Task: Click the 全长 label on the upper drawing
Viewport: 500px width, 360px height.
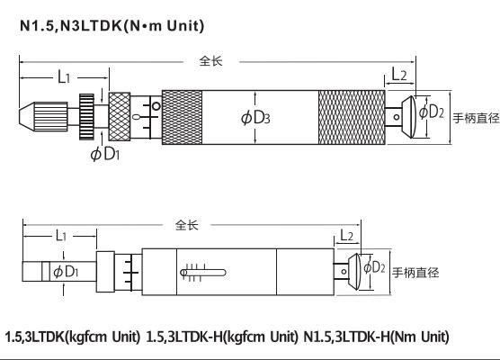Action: (211, 61)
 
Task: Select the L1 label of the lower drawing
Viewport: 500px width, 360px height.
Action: (58, 236)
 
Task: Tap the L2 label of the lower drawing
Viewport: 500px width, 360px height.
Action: (348, 235)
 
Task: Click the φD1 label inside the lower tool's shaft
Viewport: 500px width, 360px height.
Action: (65, 271)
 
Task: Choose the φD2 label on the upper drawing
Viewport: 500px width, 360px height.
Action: (433, 112)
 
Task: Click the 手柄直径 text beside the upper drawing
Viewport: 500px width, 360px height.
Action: (475, 118)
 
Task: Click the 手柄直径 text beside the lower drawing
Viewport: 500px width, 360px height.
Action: (415, 272)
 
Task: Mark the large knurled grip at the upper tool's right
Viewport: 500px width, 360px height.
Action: (353, 116)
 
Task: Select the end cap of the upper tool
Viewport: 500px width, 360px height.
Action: (415, 114)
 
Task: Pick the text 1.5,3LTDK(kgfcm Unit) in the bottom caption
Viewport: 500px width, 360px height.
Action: (72, 336)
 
